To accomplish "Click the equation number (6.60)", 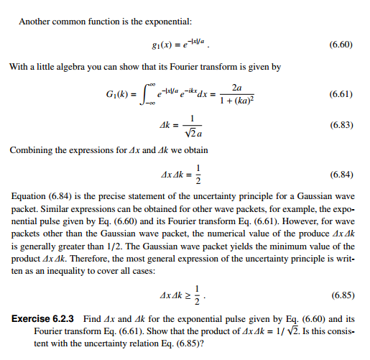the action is pyautogui.click(x=339, y=44).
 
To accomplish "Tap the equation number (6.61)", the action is pyautogui.click(x=339, y=94).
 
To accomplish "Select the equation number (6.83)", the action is pyautogui.click(x=339, y=125).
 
